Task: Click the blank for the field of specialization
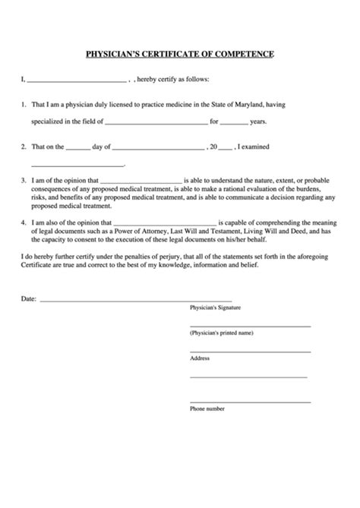[156, 121]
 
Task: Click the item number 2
[24, 145]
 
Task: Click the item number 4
[24, 223]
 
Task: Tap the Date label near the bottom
[27, 299]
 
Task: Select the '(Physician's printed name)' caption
[221, 333]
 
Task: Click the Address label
[200, 358]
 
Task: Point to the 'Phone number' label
[207, 409]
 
